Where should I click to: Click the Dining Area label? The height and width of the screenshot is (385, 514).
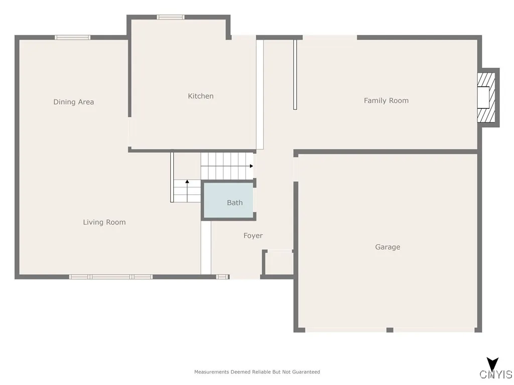(74, 102)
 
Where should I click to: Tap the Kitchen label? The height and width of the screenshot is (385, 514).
(201, 96)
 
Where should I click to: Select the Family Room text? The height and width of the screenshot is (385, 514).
(386, 100)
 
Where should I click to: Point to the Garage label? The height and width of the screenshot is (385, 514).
(388, 247)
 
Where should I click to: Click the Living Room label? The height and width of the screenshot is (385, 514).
(104, 222)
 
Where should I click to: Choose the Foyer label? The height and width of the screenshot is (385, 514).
(253, 236)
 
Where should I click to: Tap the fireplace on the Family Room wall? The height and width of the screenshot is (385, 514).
(486, 98)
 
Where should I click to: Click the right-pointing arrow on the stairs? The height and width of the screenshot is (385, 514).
(250, 166)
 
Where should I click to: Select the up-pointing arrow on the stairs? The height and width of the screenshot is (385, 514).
(187, 181)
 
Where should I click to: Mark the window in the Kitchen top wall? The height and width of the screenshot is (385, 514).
(171, 17)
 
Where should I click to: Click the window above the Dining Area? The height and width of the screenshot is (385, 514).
(73, 37)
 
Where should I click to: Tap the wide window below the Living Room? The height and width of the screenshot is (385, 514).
(110, 277)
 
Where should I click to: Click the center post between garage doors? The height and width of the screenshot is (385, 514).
(390, 330)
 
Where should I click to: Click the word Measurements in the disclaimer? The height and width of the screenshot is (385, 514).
(212, 372)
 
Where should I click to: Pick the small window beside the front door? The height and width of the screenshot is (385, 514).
(222, 277)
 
